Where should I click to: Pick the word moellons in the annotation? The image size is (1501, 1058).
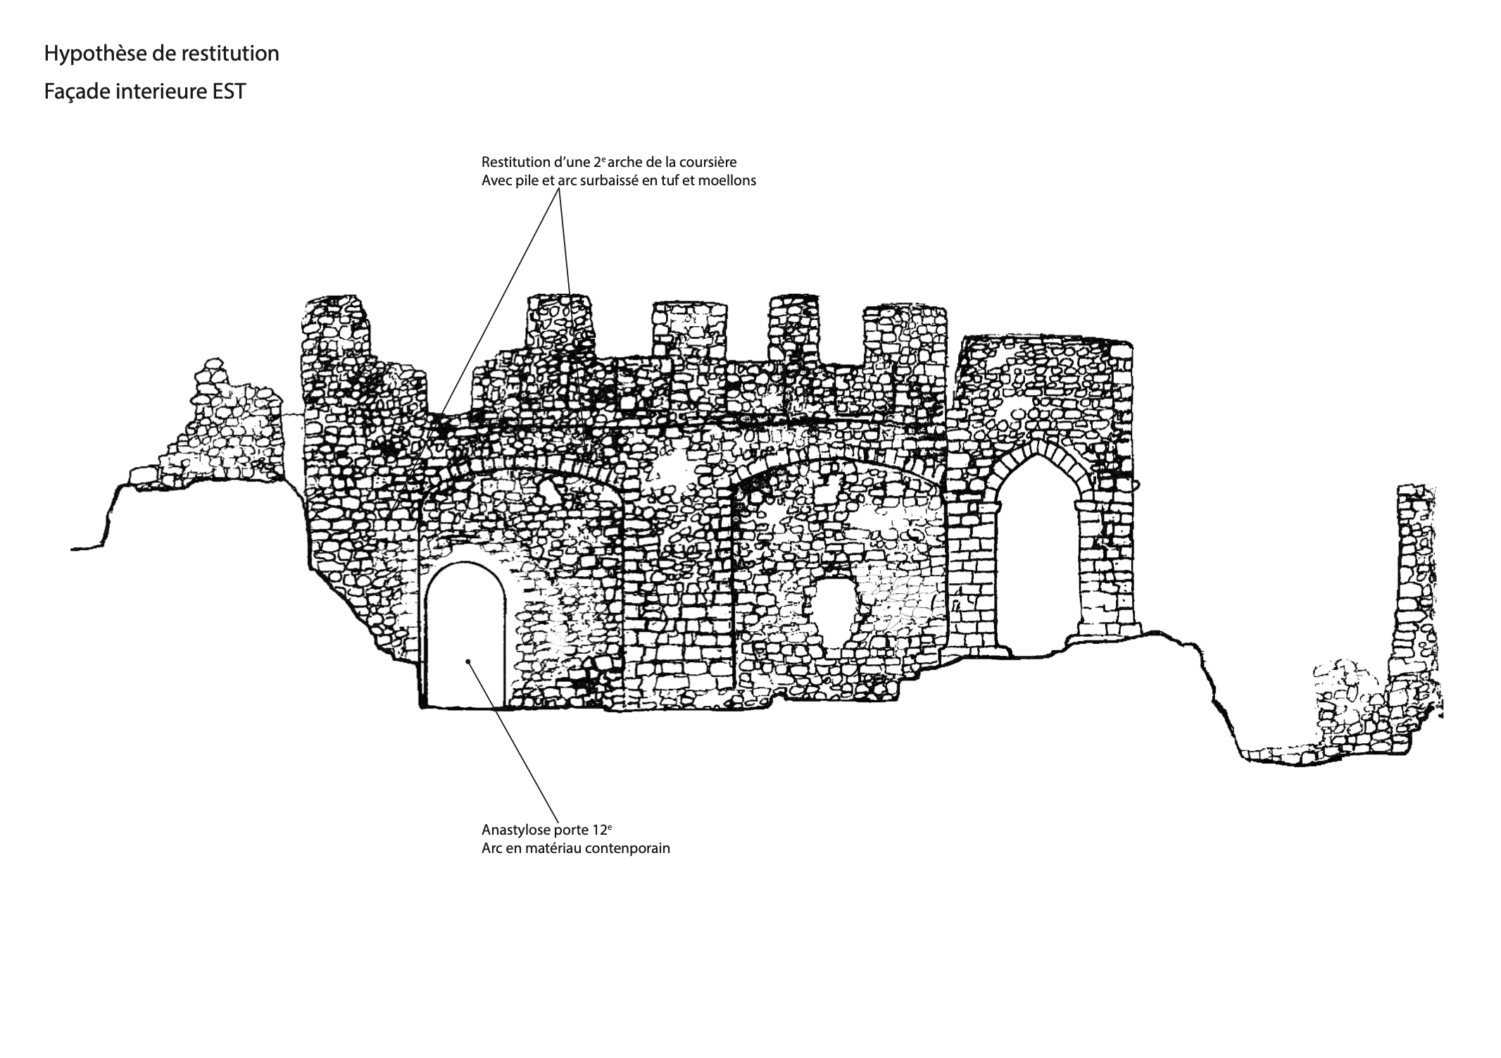pyautogui.click(x=729, y=180)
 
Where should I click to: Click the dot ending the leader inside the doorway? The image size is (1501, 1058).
pyautogui.click(x=468, y=661)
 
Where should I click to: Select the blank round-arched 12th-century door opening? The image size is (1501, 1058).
pyautogui.click(x=465, y=634)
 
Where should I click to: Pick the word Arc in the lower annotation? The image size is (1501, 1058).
pyautogui.click(x=492, y=848)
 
